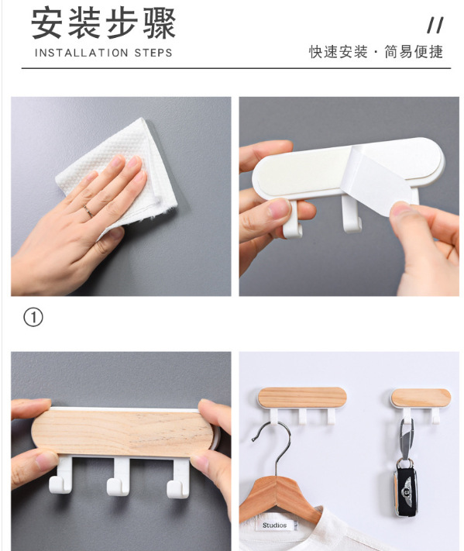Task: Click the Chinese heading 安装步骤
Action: (103, 24)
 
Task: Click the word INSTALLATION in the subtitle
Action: (81, 53)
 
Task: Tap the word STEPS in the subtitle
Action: (153, 53)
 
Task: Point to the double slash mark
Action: (435, 26)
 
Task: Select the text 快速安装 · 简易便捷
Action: (376, 52)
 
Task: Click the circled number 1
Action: (33, 317)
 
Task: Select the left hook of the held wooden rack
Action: (62, 475)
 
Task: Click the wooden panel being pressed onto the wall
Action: (123, 433)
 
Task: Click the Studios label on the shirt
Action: (274, 525)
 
